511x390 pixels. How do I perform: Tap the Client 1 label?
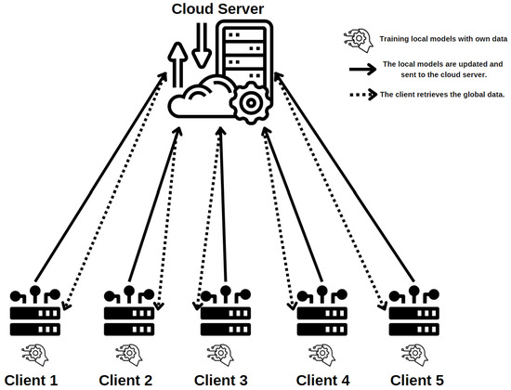(x=31, y=379)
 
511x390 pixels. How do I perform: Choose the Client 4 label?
(x=322, y=379)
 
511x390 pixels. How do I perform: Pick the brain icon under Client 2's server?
(x=130, y=354)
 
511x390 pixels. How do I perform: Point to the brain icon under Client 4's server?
(x=320, y=354)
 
